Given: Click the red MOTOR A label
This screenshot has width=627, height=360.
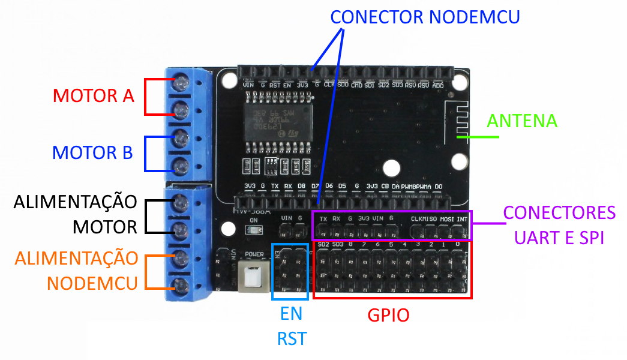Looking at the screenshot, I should point(93,95).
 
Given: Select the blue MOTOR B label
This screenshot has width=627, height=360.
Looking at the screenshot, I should point(92,152).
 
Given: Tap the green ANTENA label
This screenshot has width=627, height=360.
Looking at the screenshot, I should point(521,121).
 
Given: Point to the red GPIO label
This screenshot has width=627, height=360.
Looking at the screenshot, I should point(388,315).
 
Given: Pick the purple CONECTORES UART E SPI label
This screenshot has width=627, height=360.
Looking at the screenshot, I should point(559,225).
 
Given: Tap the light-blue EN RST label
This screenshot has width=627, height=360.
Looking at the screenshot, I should point(291,326).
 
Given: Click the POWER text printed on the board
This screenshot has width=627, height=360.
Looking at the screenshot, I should point(254,254).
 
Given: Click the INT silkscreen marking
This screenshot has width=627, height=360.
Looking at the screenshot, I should point(462,219).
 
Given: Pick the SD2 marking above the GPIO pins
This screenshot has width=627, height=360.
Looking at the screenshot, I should point(323,245).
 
